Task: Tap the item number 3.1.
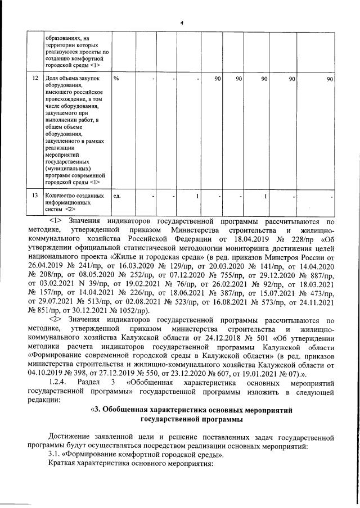click(x=56, y=454)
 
